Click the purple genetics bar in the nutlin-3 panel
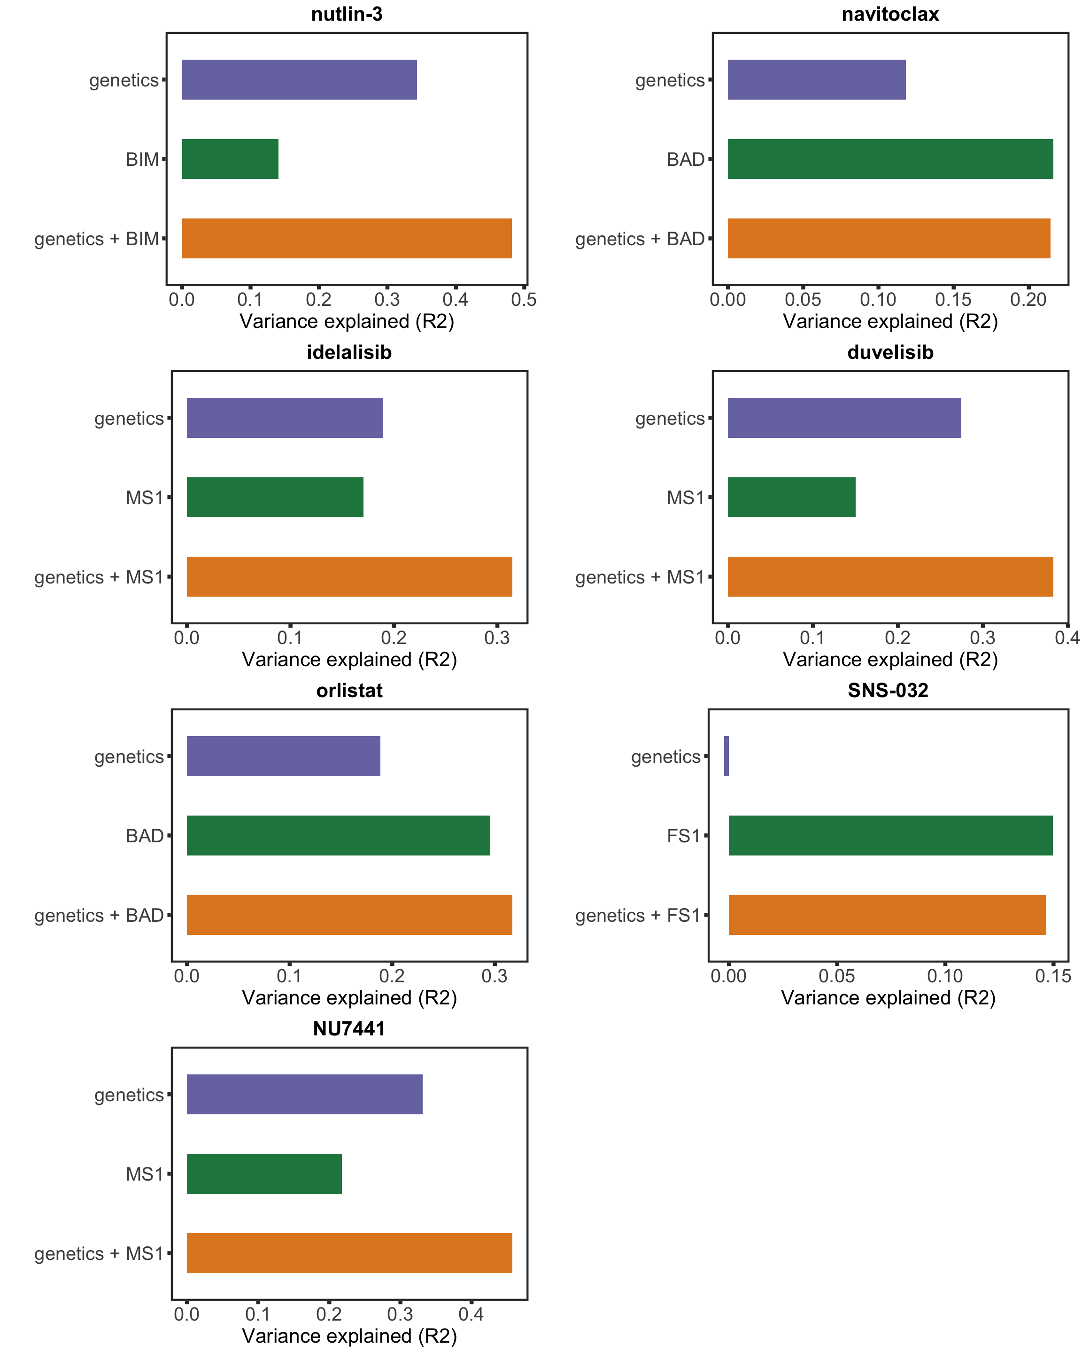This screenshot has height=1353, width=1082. (x=299, y=80)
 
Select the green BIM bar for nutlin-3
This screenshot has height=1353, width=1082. (x=230, y=159)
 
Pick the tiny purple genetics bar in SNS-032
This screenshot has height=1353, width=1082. (x=726, y=756)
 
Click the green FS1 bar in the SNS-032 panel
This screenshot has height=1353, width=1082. (x=890, y=835)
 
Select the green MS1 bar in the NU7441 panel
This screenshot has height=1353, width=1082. (x=264, y=1174)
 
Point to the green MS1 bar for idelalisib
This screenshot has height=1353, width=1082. (x=275, y=497)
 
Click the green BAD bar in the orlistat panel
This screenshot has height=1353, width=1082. (x=338, y=835)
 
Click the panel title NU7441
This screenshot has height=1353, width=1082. (x=349, y=1028)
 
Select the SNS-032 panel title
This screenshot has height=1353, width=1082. (x=888, y=690)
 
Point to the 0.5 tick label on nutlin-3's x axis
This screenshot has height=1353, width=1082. (x=524, y=300)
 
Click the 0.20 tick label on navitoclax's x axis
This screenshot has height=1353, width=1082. (x=1028, y=300)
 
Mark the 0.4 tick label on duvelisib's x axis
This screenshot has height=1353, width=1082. (x=1067, y=638)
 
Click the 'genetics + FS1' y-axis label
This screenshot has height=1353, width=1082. (x=637, y=915)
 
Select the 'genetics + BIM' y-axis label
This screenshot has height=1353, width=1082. (x=97, y=239)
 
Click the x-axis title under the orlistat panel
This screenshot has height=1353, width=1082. (x=349, y=998)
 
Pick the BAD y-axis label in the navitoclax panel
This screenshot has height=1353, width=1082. (x=686, y=159)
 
